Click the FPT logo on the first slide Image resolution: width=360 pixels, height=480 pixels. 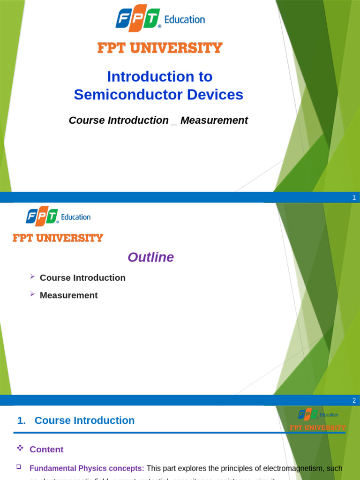pyautogui.click(x=138, y=20)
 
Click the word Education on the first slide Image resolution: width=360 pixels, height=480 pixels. pyautogui.click(x=184, y=20)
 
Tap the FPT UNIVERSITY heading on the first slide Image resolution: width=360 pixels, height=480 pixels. pyautogui.click(x=160, y=48)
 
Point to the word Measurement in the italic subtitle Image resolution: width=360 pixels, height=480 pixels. pyautogui.click(x=214, y=120)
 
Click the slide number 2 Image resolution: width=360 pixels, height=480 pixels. pyautogui.click(x=354, y=401)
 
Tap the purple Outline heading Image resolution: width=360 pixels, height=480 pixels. pyautogui.click(x=150, y=257)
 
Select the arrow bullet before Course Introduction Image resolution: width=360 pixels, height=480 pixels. pyautogui.click(x=32, y=277)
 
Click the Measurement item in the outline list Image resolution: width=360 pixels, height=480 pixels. pyautogui.click(x=69, y=295)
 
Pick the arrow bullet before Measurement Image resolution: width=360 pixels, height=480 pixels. pyautogui.click(x=32, y=294)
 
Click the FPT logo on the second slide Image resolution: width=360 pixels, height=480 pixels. pyautogui.click(x=42, y=217)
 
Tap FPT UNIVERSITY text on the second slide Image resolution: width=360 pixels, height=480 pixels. pyautogui.click(x=58, y=238)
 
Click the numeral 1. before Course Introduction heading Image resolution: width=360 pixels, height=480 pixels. pyautogui.click(x=21, y=421)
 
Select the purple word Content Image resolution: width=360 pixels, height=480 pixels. pyautogui.click(x=46, y=450)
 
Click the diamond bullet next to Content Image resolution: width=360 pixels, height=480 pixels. pyautogui.click(x=20, y=449)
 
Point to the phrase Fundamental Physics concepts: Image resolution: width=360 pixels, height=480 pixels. pyautogui.click(x=87, y=468)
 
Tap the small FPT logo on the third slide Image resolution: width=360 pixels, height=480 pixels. pyautogui.click(x=308, y=414)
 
